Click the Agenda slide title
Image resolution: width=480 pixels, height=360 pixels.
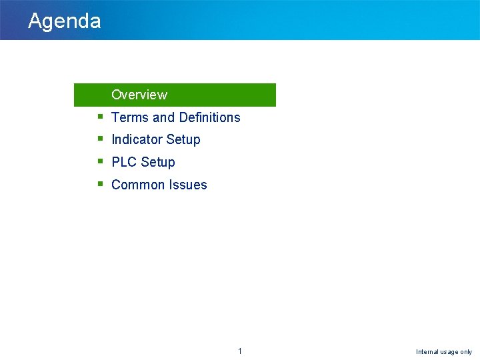tap(65, 21)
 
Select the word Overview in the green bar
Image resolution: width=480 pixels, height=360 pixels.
tap(139, 95)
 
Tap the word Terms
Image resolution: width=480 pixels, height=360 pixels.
tap(130, 117)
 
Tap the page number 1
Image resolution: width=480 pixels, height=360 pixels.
tap(240, 351)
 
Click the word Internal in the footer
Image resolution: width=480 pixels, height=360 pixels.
tap(427, 352)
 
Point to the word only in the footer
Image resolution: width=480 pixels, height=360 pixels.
tap(466, 352)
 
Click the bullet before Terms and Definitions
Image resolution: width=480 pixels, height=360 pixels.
tap(99, 117)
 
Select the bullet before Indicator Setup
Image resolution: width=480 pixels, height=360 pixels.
tap(99, 139)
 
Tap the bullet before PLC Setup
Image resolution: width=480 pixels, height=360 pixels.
tap(99, 161)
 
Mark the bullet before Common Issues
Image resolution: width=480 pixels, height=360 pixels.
tap(99, 184)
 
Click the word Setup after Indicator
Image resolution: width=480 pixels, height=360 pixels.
tap(184, 140)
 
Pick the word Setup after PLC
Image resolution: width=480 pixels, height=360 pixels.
tap(158, 163)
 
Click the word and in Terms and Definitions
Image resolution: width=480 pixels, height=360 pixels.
tap(163, 117)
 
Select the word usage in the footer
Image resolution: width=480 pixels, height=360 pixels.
tap(449, 352)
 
